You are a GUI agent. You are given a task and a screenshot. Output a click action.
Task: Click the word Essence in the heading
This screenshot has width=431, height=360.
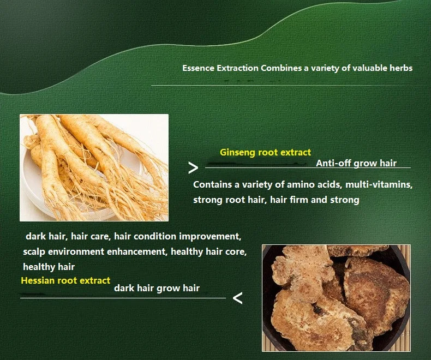click(x=198, y=68)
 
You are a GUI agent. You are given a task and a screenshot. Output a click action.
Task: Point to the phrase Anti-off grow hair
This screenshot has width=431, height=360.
click(x=356, y=163)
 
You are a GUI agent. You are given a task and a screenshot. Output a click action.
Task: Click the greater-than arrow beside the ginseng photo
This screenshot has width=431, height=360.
click(x=193, y=167)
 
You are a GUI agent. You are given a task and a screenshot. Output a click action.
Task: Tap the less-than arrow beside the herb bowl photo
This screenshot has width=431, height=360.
click(x=237, y=298)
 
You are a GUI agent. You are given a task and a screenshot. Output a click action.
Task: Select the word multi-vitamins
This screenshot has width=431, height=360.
click(x=379, y=184)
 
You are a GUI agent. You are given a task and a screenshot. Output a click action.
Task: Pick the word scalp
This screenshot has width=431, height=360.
click(x=34, y=252)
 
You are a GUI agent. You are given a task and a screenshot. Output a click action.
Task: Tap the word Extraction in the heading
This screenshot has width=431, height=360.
click(x=237, y=68)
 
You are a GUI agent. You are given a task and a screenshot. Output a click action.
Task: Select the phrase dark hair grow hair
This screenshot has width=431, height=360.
click(x=157, y=289)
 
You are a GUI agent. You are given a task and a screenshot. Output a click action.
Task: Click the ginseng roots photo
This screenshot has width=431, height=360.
click(x=94, y=167)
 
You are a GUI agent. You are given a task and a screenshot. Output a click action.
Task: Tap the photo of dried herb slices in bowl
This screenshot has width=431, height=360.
click(x=336, y=298)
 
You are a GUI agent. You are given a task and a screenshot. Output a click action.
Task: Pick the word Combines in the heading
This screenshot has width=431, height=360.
click(x=281, y=68)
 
